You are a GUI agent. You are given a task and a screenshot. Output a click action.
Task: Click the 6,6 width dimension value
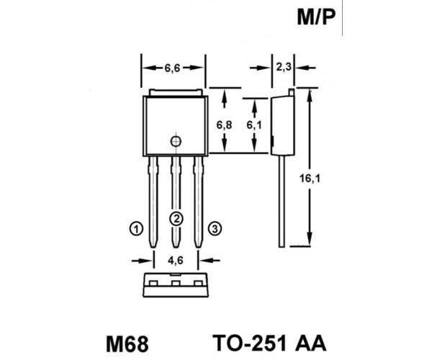(172, 68)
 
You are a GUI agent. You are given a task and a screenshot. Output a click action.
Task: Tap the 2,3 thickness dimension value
(284, 67)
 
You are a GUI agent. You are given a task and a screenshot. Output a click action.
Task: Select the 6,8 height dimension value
(224, 125)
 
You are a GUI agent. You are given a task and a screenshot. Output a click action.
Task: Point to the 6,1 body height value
(254, 125)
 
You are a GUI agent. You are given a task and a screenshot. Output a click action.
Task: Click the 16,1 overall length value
(310, 179)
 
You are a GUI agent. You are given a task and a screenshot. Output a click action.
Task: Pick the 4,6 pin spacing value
(176, 260)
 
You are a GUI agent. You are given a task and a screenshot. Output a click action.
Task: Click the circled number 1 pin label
(136, 229)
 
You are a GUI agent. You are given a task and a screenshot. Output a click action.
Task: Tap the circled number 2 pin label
(176, 219)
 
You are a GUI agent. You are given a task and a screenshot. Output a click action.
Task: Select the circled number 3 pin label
(215, 229)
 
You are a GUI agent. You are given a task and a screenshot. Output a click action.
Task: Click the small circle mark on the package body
(176, 142)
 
